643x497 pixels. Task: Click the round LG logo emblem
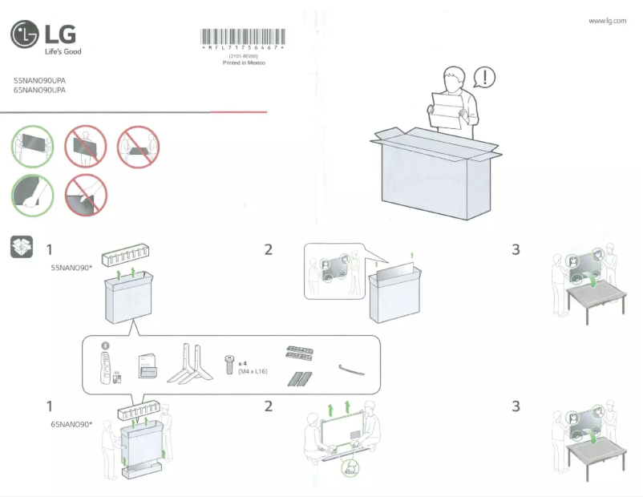tap(24, 35)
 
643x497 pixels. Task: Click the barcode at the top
tap(241, 37)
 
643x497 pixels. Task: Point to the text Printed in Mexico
tap(243, 63)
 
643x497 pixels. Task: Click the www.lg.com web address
tap(607, 21)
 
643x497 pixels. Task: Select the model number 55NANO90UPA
tap(40, 82)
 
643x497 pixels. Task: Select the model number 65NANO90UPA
tap(40, 91)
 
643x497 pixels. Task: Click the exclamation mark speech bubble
tap(484, 77)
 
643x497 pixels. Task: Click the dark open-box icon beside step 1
tap(22, 247)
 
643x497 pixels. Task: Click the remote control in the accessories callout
tap(104, 364)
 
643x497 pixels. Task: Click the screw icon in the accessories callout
tap(229, 365)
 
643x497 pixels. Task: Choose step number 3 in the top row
tap(516, 249)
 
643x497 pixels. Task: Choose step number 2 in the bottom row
tap(269, 406)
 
